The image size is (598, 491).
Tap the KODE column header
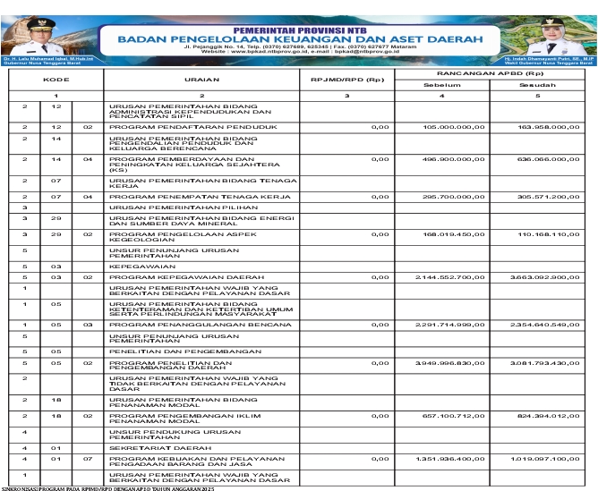[56, 80]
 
